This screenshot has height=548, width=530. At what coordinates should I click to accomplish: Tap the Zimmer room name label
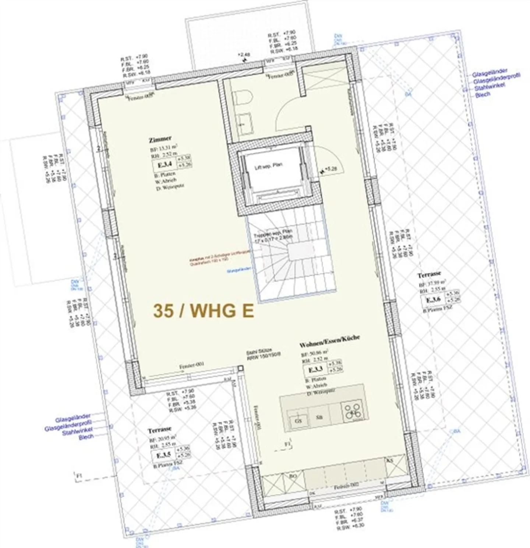(x=160, y=139)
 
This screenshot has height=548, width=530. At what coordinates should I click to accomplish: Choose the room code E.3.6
(x=433, y=300)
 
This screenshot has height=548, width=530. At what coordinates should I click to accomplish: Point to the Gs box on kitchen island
(x=298, y=420)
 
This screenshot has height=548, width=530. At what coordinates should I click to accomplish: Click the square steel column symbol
(x=240, y=368)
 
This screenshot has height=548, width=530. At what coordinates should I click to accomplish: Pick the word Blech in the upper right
(x=483, y=95)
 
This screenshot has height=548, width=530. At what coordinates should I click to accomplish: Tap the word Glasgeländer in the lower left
(x=73, y=419)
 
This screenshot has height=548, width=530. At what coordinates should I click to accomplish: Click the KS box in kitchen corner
(x=390, y=461)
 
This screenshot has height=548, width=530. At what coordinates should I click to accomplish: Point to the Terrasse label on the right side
(x=429, y=275)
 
